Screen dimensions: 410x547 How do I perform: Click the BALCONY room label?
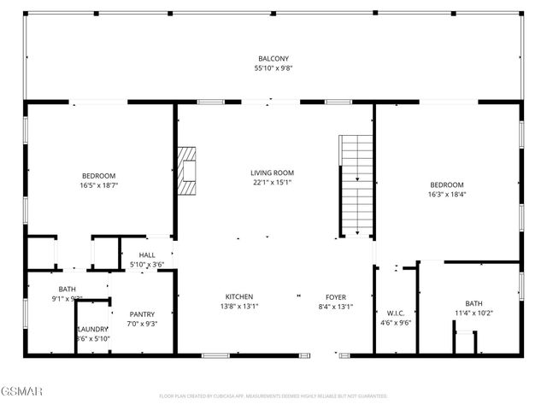tap(273, 59)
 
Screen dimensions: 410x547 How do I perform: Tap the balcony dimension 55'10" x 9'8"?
tap(273, 68)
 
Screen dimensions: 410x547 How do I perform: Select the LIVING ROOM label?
tap(273, 173)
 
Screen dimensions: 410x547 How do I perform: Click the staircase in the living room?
tap(357, 184)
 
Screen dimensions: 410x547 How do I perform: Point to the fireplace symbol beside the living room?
tap(187, 172)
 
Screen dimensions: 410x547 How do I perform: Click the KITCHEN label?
tap(238, 297)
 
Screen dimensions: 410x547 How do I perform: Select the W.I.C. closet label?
tap(395, 313)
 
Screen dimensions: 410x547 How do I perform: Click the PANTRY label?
tap(142, 313)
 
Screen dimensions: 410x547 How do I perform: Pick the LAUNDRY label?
tap(92, 329)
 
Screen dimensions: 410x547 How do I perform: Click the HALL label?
tap(147, 255)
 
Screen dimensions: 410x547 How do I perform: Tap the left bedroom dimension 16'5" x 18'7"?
tap(99, 184)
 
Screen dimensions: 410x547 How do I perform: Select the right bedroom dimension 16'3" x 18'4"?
tap(446, 194)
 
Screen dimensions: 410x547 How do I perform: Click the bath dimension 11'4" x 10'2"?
tap(473, 313)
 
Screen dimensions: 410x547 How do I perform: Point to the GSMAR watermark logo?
tap(22, 392)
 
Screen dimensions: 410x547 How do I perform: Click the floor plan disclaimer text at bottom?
tap(273, 396)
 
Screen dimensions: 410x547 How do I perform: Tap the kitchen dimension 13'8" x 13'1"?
tap(238, 307)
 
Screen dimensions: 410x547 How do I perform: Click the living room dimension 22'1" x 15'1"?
tap(273, 182)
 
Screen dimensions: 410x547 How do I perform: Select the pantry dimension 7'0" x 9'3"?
tap(142, 323)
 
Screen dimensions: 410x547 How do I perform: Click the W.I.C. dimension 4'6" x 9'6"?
tap(395, 323)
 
